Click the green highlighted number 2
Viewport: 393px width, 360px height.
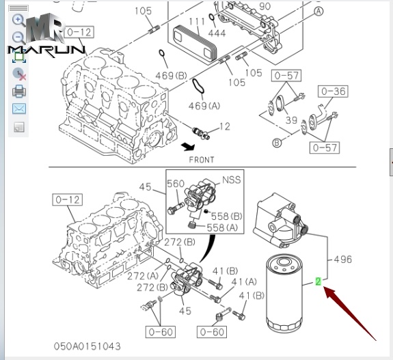(x=319, y=281)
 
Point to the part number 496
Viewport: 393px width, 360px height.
(x=344, y=259)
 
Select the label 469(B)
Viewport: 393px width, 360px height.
(x=173, y=74)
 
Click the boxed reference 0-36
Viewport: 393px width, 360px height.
(x=333, y=91)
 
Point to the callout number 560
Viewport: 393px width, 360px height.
(x=176, y=184)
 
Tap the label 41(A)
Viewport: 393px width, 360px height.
(x=244, y=281)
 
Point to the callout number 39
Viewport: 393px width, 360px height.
(x=291, y=120)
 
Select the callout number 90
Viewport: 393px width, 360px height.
(x=265, y=6)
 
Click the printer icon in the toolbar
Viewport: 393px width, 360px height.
(x=19, y=92)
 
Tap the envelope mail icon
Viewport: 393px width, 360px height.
(x=19, y=109)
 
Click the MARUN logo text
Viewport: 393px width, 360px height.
(x=46, y=49)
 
